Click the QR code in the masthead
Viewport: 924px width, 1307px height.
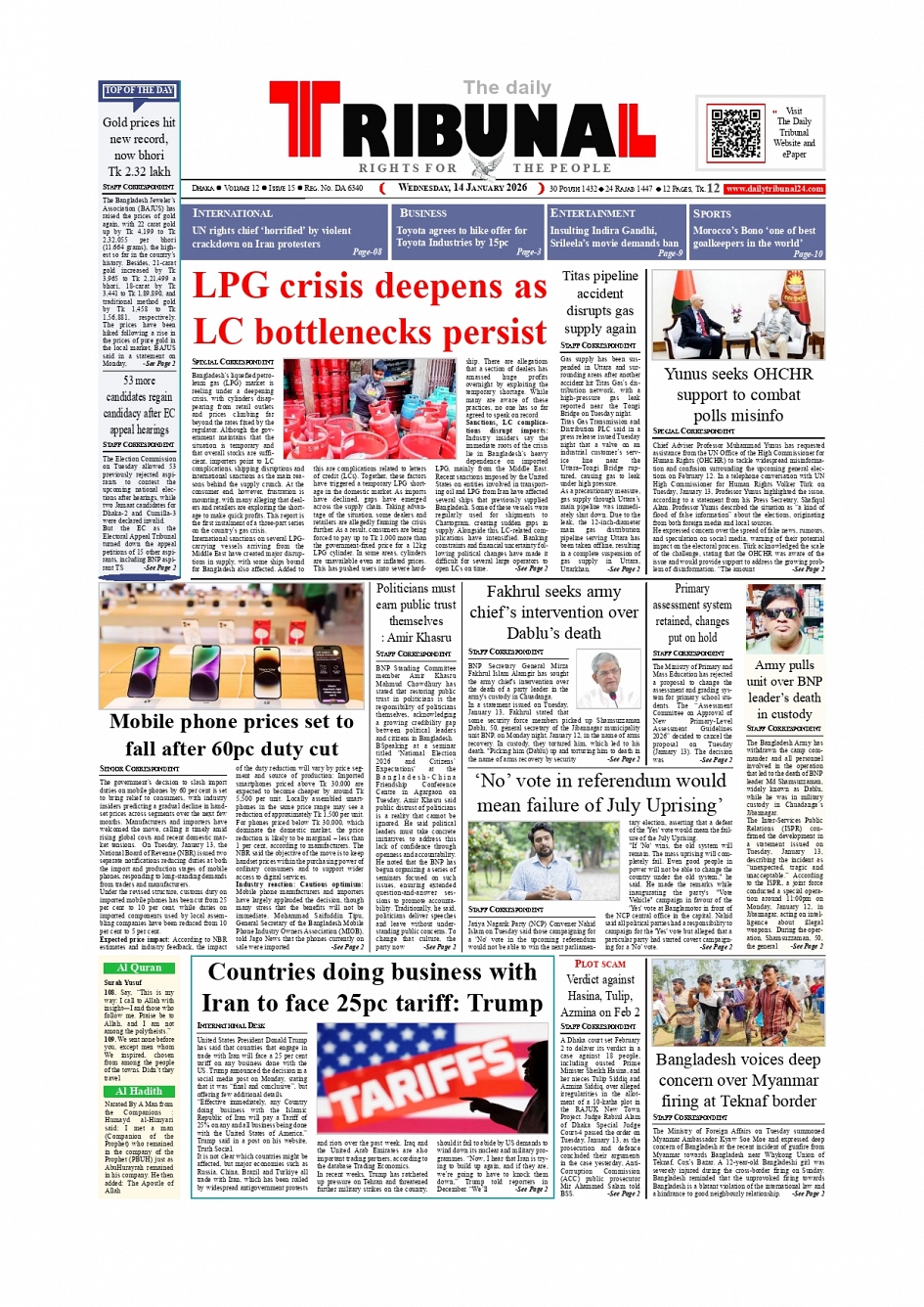click(x=735, y=135)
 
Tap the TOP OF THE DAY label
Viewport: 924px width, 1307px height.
click(x=139, y=91)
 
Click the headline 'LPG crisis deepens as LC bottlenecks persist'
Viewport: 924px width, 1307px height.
click(x=370, y=309)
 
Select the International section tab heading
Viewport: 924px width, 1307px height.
click(x=233, y=213)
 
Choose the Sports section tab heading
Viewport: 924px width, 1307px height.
click(x=712, y=213)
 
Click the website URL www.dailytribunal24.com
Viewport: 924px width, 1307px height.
click(x=774, y=188)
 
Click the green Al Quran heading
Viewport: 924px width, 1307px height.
click(x=139, y=968)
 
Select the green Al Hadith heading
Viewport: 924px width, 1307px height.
click(x=139, y=1091)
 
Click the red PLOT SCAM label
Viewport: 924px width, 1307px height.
click(x=599, y=964)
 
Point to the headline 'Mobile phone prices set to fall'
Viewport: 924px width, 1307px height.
click(x=232, y=735)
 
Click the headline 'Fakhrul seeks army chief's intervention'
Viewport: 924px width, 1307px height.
click(x=553, y=612)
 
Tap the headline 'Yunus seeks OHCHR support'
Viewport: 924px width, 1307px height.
click(x=738, y=394)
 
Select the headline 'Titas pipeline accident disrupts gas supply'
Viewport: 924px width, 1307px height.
click(x=599, y=302)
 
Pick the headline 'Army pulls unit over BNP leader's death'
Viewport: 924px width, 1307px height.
click(x=783, y=689)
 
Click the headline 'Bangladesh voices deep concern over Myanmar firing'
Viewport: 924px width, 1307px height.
click(x=738, y=1080)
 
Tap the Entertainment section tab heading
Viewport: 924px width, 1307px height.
click(x=593, y=213)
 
